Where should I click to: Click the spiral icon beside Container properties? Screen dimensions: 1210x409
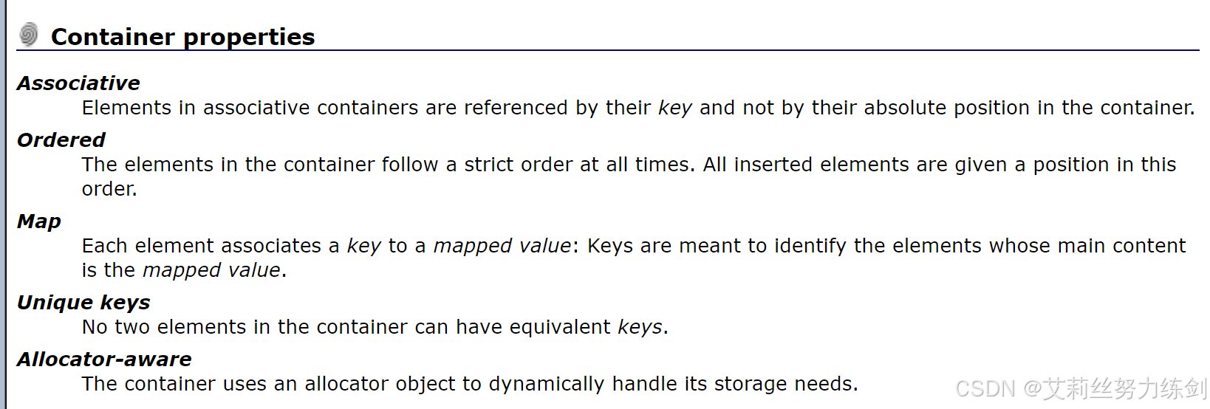coord(29,34)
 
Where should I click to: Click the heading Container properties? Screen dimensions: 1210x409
coord(182,37)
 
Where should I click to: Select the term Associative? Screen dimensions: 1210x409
coord(78,83)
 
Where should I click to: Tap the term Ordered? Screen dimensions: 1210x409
coord(61,140)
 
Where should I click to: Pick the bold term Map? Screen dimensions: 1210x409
coord(39,221)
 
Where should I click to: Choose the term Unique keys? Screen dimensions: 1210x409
coord(83,303)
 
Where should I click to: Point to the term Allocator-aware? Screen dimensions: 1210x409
coord(104,360)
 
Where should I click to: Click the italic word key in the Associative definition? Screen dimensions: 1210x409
coord(674,109)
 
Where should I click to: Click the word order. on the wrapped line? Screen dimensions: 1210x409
coord(109,189)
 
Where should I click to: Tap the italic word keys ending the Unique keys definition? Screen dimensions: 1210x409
coord(640,328)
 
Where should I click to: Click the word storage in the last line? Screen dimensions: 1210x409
coord(748,385)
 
